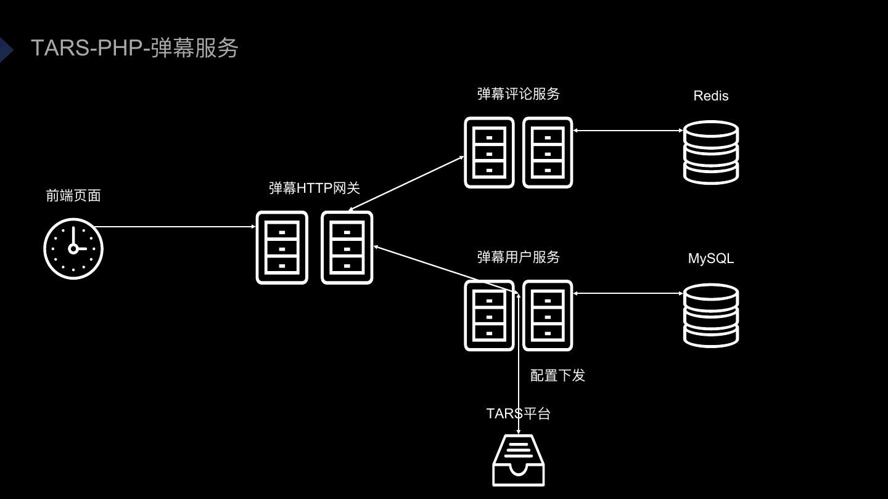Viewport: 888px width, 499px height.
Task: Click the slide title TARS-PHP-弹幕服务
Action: coord(134,48)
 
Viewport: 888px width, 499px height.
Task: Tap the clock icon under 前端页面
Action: coord(73,248)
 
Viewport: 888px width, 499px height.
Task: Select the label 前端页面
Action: coord(73,196)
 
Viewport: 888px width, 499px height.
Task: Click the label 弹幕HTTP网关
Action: coord(314,188)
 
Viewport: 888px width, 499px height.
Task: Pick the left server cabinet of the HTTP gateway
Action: coord(282,248)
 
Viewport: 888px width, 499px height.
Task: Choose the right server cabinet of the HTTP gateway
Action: coord(347,248)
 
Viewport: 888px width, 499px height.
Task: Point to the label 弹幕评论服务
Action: coord(519,94)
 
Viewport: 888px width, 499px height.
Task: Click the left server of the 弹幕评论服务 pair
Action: coord(489,153)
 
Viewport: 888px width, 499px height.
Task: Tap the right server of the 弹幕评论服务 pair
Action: coord(548,153)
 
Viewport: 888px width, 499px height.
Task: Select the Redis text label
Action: coord(711,96)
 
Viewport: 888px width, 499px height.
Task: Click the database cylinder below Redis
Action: coord(711,152)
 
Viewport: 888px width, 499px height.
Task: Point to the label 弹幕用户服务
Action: coord(519,257)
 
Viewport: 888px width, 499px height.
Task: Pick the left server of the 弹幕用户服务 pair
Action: coord(489,315)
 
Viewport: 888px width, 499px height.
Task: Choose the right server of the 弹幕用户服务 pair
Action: coord(548,315)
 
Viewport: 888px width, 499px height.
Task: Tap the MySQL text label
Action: coord(711,259)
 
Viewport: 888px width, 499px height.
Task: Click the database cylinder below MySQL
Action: coord(711,315)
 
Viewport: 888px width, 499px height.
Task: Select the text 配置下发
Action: coord(557,376)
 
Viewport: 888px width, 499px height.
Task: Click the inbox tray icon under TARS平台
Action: coord(519,461)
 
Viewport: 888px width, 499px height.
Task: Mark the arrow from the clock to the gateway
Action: coord(176,227)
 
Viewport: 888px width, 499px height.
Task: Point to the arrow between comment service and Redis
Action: coord(628,131)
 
